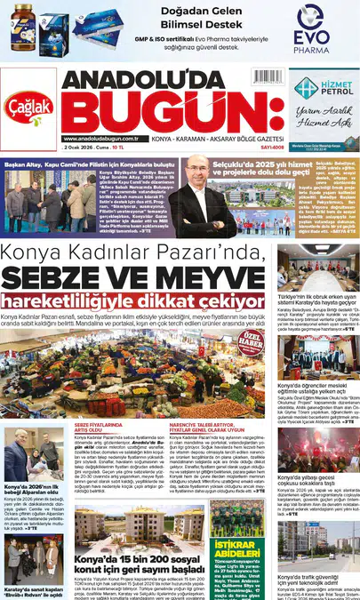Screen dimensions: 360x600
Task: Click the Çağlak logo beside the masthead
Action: point(31,106)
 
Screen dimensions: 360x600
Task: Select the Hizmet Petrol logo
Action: point(326,87)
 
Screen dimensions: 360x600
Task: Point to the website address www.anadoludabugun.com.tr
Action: point(106,138)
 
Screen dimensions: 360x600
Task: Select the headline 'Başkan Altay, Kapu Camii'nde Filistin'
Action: point(86,164)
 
